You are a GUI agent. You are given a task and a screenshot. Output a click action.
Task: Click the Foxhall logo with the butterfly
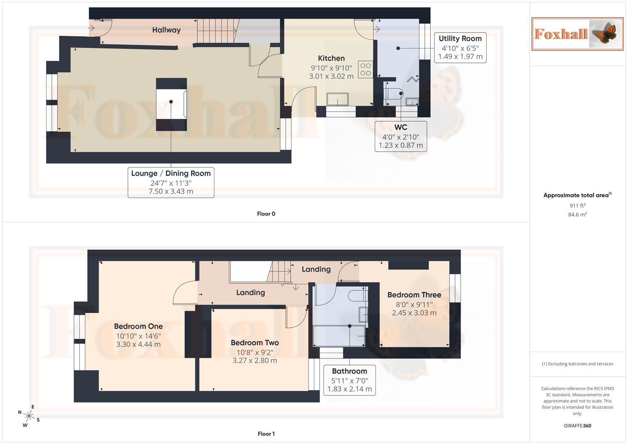(577, 34)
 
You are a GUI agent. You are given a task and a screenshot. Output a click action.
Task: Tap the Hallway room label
(166, 30)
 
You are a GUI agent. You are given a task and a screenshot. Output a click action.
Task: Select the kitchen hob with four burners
(365, 69)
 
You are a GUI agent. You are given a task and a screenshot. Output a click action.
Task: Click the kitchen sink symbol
(338, 99)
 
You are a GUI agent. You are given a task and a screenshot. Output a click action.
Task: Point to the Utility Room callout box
(460, 48)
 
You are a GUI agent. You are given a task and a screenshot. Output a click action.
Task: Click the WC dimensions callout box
(401, 136)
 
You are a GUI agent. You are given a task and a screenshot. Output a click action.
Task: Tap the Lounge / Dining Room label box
(171, 183)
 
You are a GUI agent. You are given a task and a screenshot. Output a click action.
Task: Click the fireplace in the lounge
(171, 104)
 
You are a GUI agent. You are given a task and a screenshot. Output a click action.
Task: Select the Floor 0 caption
(266, 214)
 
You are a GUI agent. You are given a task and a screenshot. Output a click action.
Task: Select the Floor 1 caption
(266, 434)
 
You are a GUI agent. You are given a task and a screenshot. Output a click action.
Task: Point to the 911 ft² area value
(577, 206)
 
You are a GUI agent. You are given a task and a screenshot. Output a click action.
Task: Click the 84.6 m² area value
(577, 215)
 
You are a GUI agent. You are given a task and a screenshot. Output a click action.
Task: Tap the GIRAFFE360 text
(577, 425)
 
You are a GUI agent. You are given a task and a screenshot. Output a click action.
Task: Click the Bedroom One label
(138, 326)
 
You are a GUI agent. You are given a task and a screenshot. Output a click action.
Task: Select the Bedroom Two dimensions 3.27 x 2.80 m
(255, 361)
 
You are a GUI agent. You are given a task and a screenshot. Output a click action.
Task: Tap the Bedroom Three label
(414, 295)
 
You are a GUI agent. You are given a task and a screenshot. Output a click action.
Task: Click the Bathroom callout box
(349, 380)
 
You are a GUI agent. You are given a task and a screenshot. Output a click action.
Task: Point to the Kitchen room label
(331, 58)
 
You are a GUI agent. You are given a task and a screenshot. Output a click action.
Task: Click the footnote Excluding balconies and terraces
(577, 364)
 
